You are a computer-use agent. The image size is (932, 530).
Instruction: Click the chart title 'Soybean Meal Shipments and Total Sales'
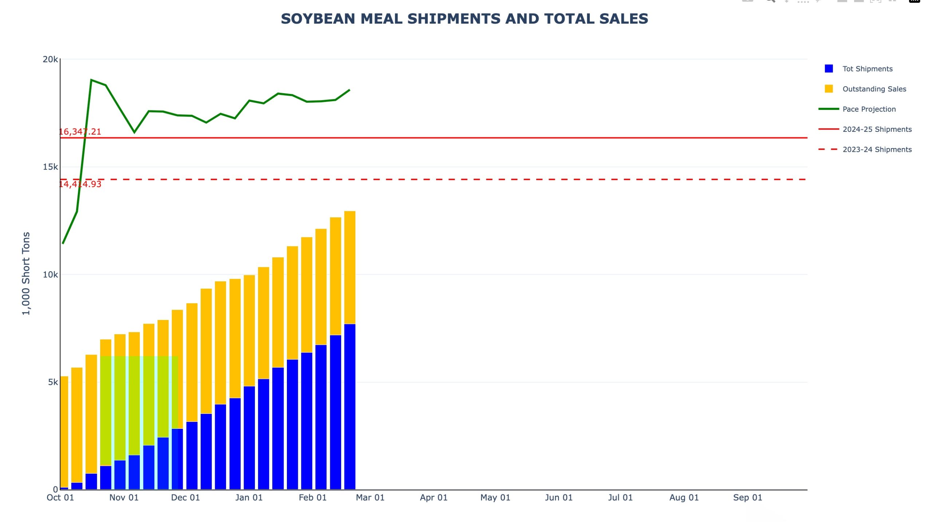pyautogui.click(x=464, y=19)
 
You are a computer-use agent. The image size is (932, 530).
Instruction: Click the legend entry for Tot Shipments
pyautogui.click(x=867, y=69)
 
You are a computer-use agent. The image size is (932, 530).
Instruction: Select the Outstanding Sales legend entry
pyautogui.click(x=874, y=89)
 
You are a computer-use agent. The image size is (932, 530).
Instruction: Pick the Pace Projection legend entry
pyautogui.click(x=869, y=109)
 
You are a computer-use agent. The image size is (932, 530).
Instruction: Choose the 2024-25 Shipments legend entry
pyautogui.click(x=877, y=129)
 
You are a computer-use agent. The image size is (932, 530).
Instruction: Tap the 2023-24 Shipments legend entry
pyautogui.click(x=877, y=150)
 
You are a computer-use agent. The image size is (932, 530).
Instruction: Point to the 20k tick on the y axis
pyautogui.click(x=50, y=59)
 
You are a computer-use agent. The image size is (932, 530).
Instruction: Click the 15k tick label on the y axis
pyautogui.click(x=50, y=167)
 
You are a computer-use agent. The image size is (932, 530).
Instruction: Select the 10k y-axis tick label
pyautogui.click(x=50, y=275)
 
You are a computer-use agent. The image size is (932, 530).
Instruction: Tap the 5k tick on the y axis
pyautogui.click(x=53, y=382)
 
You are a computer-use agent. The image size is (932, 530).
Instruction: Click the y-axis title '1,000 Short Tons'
pyautogui.click(x=26, y=273)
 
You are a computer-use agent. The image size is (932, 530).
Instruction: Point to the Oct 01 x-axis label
pyautogui.click(x=60, y=498)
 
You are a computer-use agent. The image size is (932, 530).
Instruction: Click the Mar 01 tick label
pyautogui.click(x=370, y=498)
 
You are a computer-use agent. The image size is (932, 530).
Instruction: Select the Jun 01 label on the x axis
pyautogui.click(x=558, y=498)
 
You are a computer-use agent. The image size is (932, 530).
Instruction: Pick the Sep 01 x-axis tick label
pyautogui.click(x=747, y=498)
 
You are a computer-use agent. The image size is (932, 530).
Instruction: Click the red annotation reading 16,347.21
pyautogui.click(x=80, y=132)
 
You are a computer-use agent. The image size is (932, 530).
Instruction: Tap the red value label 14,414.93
pyautogui.click(x=80, y=184)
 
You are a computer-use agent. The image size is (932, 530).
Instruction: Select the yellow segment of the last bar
pyautogui.click(x=349, y=268)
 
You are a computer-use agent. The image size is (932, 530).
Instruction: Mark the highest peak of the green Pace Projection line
pyautogui.click(x=91, y=80)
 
